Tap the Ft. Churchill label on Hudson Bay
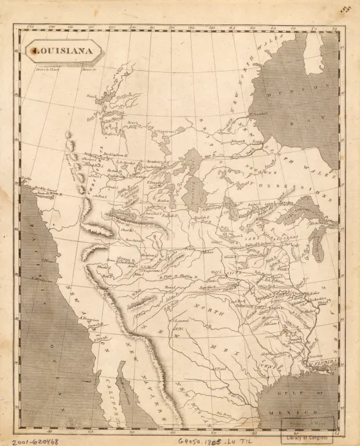click(x=256, y=115)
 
